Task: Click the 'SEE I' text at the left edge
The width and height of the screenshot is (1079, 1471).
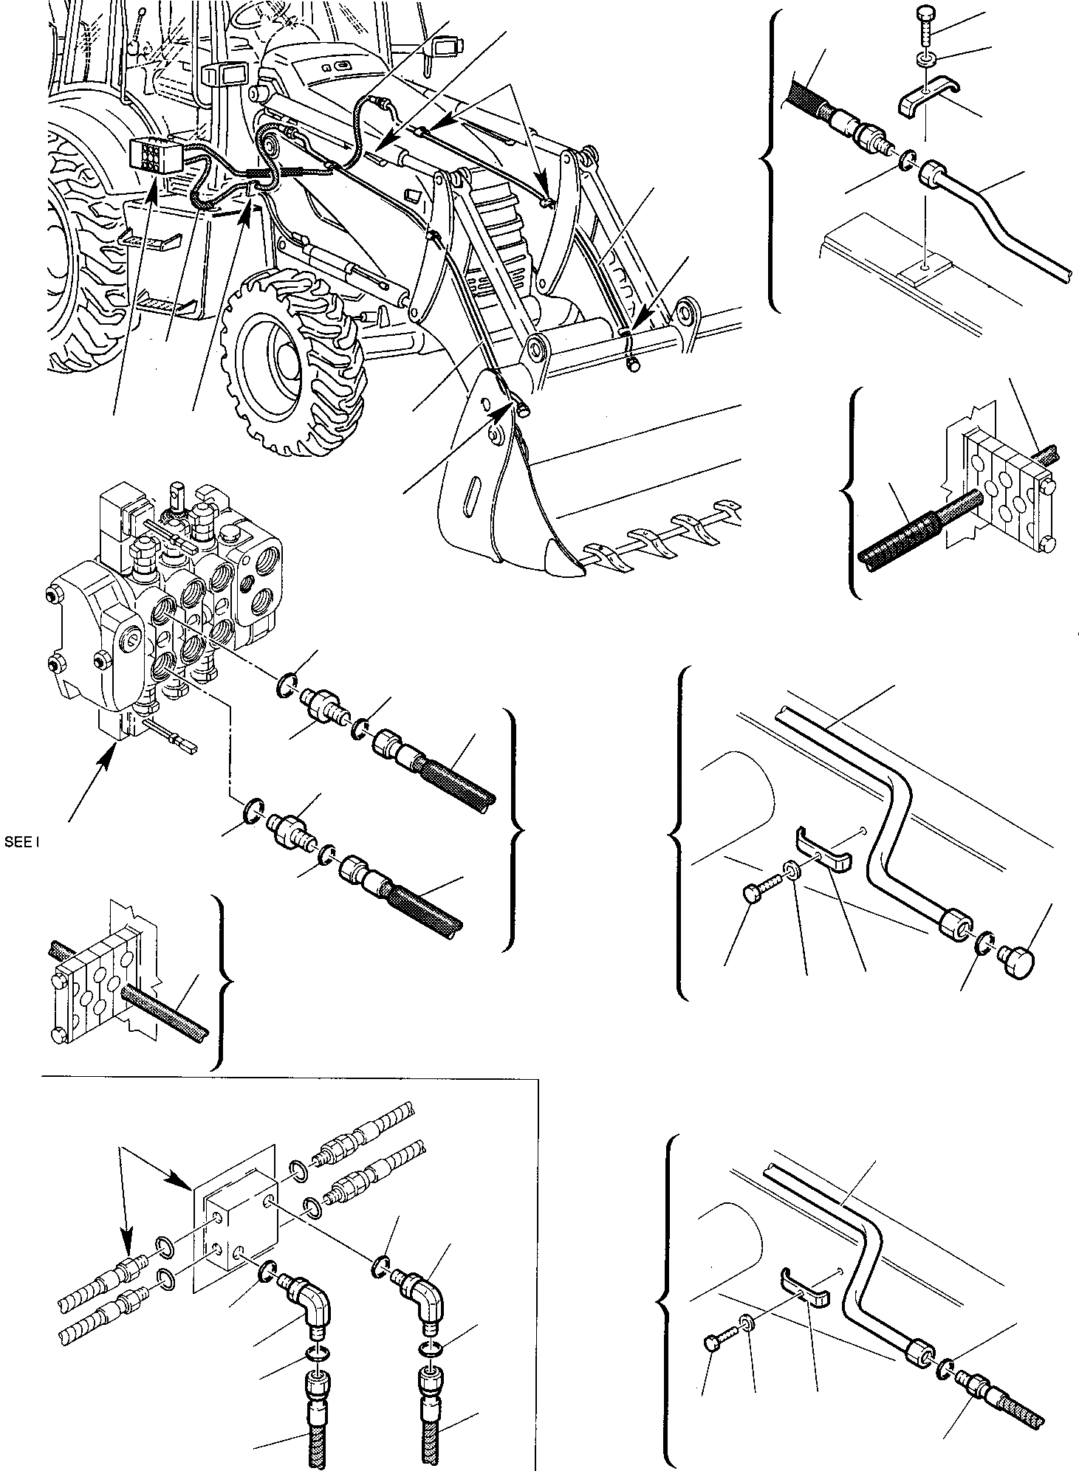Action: coord(21,841)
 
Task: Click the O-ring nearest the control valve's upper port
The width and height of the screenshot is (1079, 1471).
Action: coord(286,685)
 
